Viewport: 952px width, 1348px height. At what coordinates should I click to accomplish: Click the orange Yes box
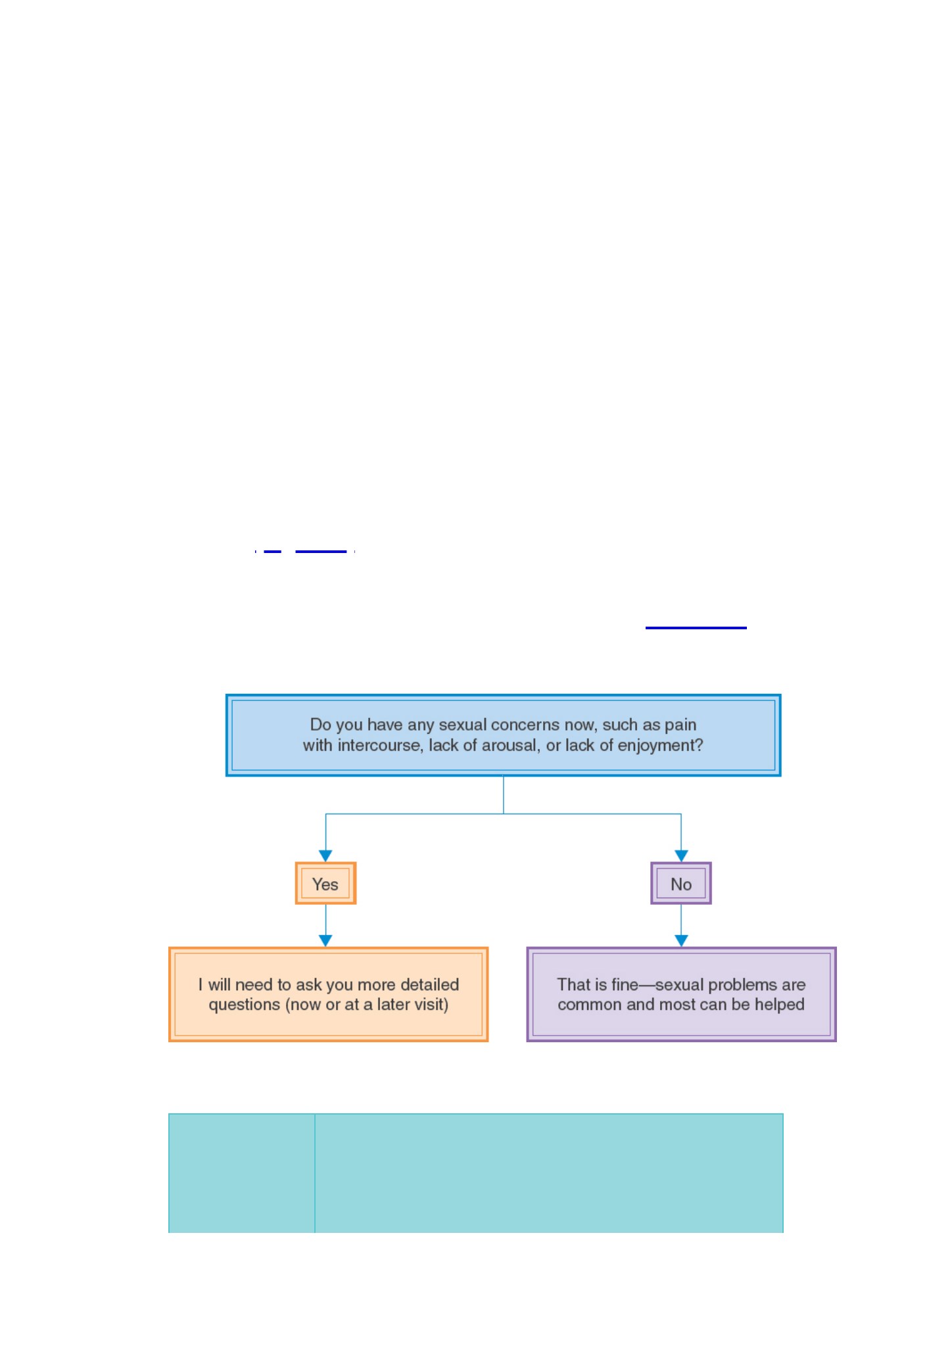click(x=325, y=883)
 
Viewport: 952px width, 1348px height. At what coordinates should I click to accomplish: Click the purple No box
click(x=681, y=883)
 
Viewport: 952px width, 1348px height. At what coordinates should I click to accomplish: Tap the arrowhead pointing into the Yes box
click(x=325, y=855)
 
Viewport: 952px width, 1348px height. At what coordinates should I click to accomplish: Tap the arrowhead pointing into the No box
click(x=681, y=855)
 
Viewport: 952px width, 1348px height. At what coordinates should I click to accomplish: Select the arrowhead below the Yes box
click(x=325, y=941)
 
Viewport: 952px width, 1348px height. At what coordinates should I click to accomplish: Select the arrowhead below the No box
click(x=681, y=941)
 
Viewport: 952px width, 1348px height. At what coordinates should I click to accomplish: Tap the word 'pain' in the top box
click(x=680, y=725)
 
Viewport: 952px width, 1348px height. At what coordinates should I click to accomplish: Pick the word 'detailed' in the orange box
click(x=429, y=984)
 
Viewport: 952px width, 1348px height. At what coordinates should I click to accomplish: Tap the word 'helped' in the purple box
click(x=780, y=1005)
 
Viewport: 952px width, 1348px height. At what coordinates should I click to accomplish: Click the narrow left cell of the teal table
click(x=242, y=1172)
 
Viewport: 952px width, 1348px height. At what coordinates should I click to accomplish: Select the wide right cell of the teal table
click(x=549, y=1172)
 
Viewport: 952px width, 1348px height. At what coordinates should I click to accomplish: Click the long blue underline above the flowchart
click(x=696, y=628)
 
